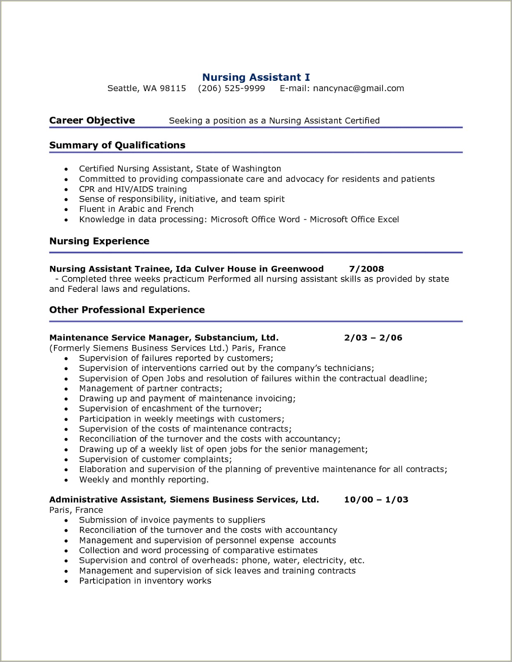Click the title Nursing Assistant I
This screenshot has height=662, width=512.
click(256, 77)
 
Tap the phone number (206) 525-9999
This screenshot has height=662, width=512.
click(231, 88)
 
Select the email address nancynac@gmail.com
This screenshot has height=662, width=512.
click(358, 88)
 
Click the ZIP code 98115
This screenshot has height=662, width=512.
click(173, 88)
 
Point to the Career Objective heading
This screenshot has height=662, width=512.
click(92, 121)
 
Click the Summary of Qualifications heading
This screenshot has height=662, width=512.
click(117, 145)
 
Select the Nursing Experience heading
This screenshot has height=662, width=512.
click(99, 241)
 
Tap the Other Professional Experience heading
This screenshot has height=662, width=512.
click(127, 310)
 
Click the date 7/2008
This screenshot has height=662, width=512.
click(366, 269)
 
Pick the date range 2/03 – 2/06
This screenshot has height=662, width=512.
click(373, 338)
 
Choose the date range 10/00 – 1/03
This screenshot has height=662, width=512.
click(376, 500)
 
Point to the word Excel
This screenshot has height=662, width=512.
click(388, 219)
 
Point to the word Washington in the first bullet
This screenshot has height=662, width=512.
click(256, 169)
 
